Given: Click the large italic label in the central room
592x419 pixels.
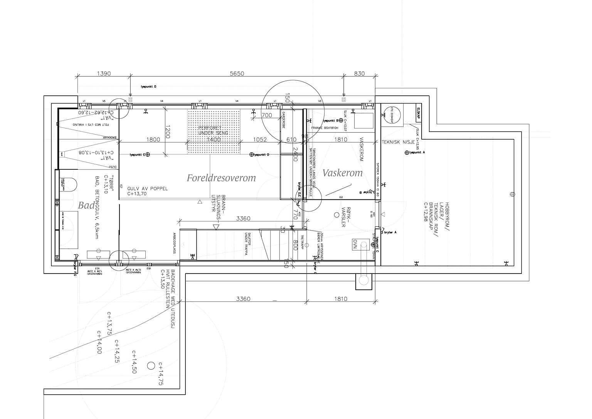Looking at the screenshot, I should click(221, 178).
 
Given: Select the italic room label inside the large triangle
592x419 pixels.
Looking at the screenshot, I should click(343, 174).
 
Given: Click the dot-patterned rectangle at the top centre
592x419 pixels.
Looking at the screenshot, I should click(214, 127).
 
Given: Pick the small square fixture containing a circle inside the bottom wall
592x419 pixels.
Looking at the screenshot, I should click(361, 245).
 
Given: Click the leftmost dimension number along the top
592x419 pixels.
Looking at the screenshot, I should click(103, 73).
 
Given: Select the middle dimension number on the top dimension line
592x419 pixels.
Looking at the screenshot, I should click(237, 73).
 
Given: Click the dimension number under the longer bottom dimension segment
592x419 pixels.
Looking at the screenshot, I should click(243, 298).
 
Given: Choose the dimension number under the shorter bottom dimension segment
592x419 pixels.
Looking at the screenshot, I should click(341, 298).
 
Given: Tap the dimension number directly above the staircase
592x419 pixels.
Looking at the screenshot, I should click(243, 218).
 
